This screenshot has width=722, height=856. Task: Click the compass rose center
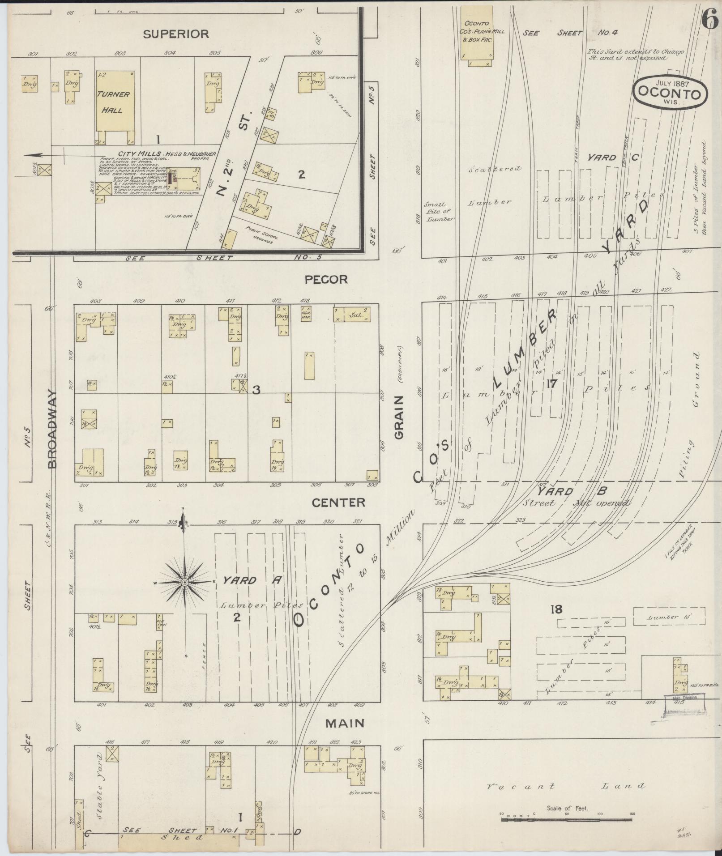[184, 582]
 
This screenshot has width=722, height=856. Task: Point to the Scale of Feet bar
[567, 820]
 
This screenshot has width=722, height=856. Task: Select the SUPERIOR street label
[176, 34]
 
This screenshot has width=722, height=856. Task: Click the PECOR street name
[326, 280]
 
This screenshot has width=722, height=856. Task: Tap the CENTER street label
[338, 503]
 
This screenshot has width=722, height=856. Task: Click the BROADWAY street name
[53, 429]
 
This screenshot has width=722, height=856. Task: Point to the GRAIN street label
[399, 417]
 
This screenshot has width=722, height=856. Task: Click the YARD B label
[572, 491]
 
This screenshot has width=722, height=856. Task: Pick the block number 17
[551, 383]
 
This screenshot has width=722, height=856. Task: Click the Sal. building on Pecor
[352, 314]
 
